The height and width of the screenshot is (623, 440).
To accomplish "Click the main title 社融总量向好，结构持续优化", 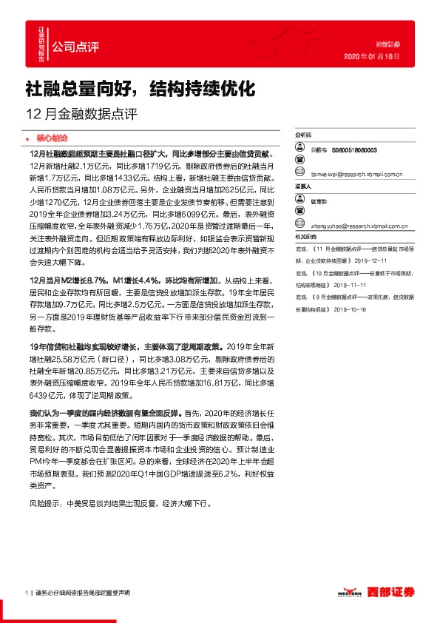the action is click(141, 90).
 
